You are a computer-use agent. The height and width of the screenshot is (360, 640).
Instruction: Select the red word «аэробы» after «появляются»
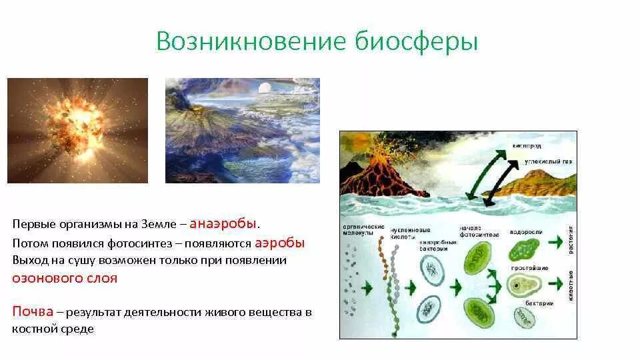(x=279, y=243)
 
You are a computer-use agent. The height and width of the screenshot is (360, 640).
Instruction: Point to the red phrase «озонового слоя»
(x=65, y=278)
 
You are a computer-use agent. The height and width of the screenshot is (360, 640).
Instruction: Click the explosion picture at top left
(x=77, y=130)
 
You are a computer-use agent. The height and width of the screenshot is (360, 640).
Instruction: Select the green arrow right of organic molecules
(x=368, y=287)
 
